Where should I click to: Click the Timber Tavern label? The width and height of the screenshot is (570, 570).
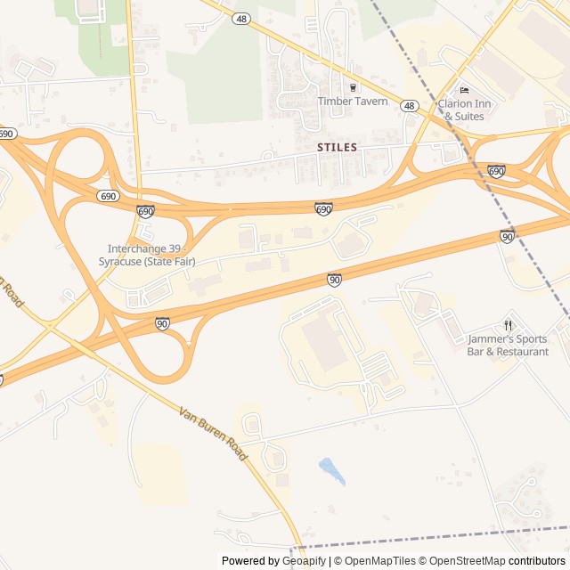pos(353,102)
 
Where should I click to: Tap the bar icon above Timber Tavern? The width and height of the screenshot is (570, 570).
pos(353,87)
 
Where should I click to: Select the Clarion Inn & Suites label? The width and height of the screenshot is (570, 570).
pos(464,110)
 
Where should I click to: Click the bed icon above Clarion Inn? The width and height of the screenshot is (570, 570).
pos(464,90)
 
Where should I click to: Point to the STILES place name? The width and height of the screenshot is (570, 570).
pos(337,147)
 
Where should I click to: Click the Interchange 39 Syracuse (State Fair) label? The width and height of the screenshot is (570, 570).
pos(151,255)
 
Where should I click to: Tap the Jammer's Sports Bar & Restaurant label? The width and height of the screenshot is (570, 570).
pos(508,345)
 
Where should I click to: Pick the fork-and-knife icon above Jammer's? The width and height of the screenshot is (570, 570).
pos(508,325)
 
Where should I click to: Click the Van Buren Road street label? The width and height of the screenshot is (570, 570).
pos(213,434)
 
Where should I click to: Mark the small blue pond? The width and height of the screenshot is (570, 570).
pos(331,471)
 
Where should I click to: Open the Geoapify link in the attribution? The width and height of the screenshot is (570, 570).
pos(304,561)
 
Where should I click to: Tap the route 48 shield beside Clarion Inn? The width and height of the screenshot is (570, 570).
pos(409,106)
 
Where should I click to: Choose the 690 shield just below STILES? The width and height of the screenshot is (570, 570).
pos(323,208)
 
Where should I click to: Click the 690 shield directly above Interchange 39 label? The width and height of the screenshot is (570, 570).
pos(145,211)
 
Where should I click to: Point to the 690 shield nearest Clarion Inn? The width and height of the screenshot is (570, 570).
pos(496,170)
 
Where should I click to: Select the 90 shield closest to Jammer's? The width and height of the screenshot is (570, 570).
pos(507,236)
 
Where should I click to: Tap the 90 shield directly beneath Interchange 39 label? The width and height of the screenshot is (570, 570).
pos(162,323)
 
